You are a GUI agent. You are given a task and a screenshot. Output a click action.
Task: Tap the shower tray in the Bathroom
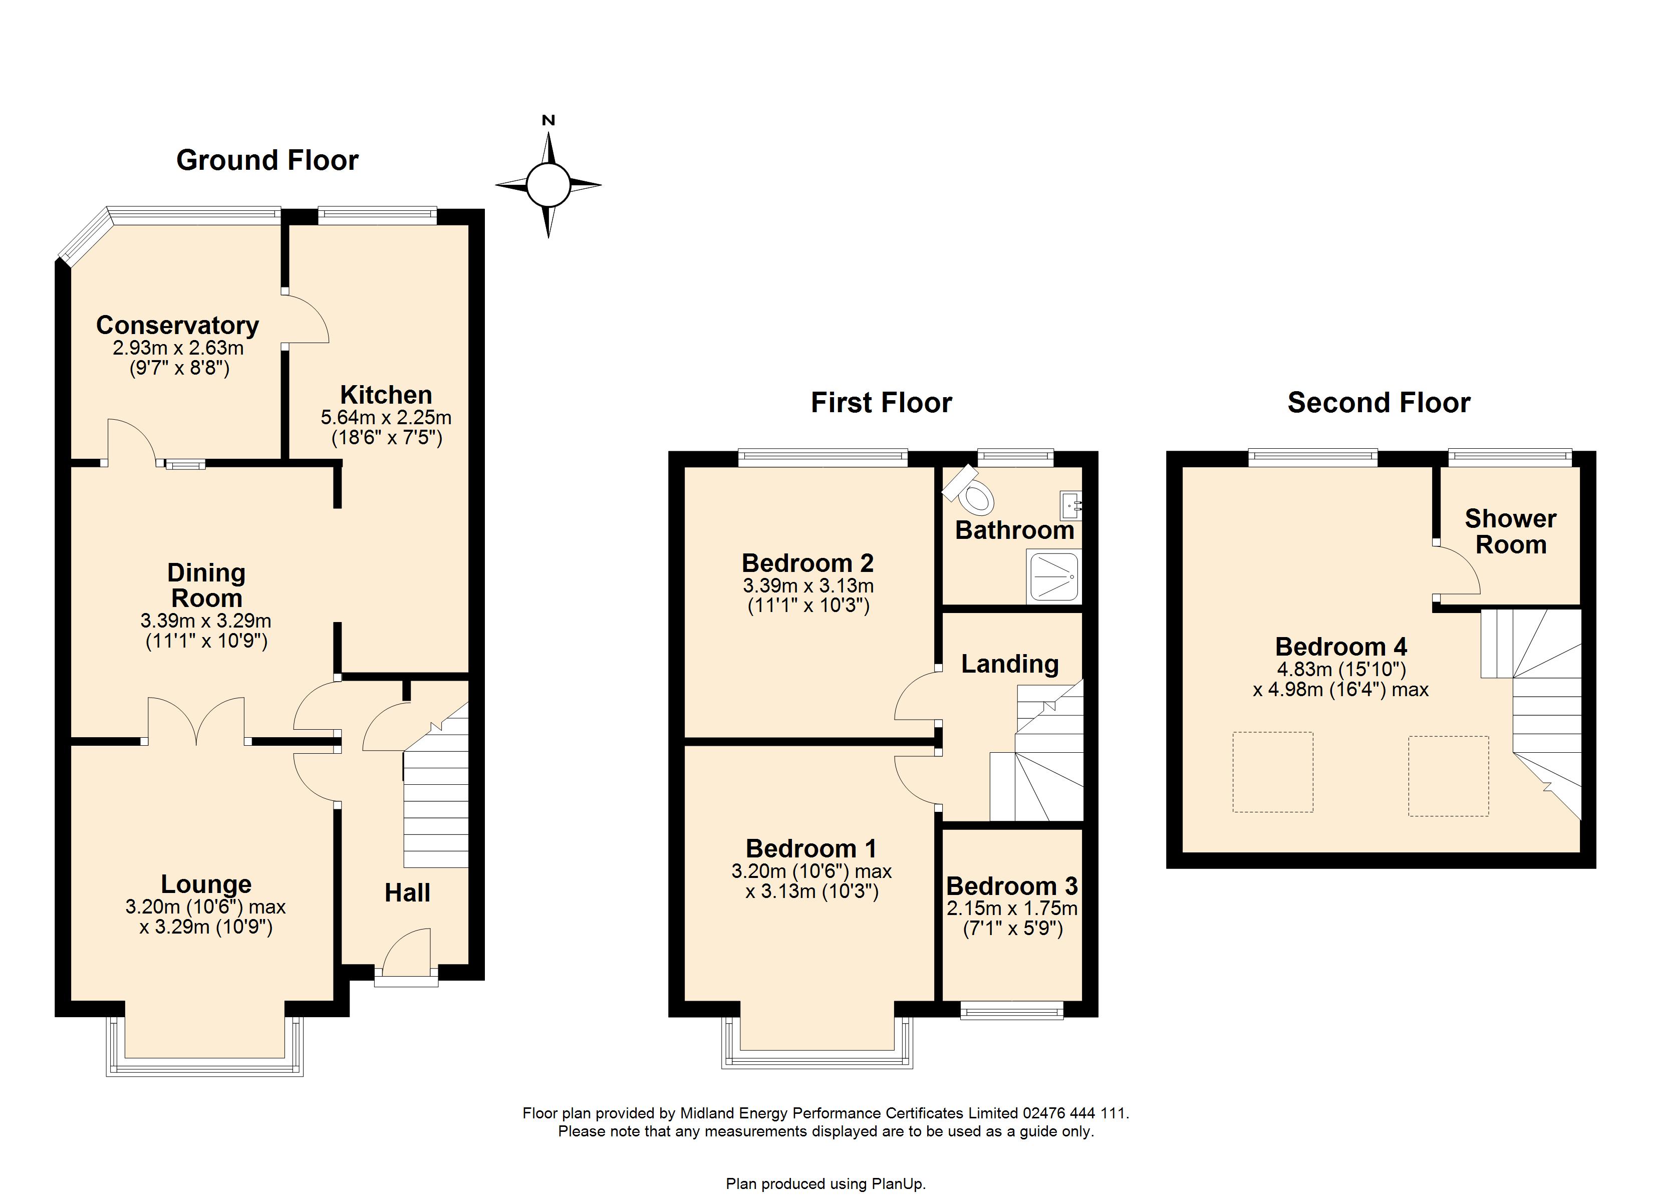click(1053, 576)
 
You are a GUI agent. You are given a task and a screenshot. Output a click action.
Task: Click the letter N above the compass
click(549, 120)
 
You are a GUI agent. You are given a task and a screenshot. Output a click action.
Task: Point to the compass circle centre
click(548, 185)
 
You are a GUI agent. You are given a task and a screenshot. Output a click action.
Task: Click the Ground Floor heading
click(267, 160)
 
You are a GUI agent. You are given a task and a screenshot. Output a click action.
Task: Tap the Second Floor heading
click(1379, 402)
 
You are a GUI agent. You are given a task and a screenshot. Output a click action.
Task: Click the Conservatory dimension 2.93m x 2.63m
click(178, 348)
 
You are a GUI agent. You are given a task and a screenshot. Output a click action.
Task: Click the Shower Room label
click(1511, 531)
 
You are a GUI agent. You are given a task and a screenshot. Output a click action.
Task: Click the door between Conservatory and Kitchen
click(306, 318)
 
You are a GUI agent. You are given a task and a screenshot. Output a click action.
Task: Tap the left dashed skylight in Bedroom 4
click(1272, 772)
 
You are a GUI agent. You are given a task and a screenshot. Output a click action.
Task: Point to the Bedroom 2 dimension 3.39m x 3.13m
click(808, 585)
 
